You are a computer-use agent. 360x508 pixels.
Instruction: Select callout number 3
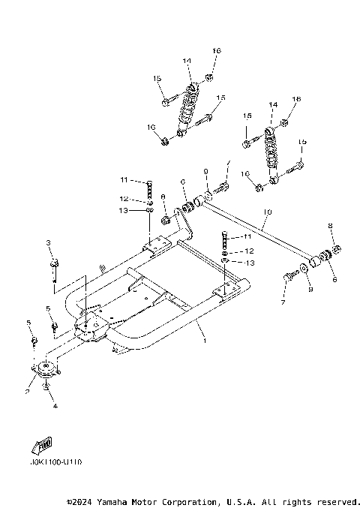point(48,243)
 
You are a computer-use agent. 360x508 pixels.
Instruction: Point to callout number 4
point(55,406)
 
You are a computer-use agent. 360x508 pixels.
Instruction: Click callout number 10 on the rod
point(266,213)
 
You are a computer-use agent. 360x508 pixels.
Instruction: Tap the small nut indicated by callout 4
point(47,387)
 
